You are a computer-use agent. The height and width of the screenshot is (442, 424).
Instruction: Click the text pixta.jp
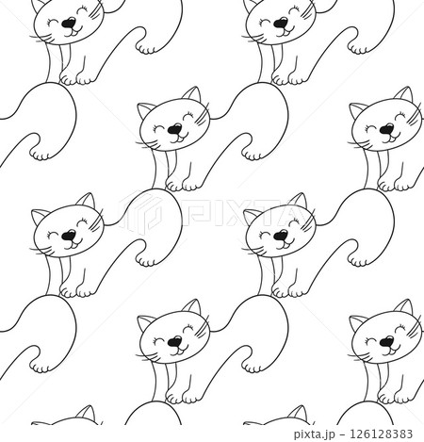(317, 434)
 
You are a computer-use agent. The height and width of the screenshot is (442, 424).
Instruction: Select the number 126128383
(381, 434)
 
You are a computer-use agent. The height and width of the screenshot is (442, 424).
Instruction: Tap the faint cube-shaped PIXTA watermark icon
(140, 211)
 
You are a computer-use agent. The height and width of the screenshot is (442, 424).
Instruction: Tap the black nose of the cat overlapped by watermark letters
(281, 235)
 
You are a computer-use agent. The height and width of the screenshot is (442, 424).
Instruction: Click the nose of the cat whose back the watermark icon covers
(69, 235)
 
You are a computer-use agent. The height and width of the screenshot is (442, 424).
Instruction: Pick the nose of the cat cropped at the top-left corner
(69, 23)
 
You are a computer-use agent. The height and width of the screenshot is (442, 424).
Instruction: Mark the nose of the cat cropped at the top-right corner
(281, 23)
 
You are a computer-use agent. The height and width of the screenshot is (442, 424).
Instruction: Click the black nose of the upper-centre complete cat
(174, 128)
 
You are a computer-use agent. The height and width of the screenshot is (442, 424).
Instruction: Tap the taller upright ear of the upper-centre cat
(191, 94)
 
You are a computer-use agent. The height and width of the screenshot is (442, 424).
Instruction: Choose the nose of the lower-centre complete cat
(174, 341)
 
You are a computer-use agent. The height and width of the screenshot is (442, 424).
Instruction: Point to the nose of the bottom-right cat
(387, 341)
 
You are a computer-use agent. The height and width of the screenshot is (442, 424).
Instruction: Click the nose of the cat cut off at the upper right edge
(387, 128)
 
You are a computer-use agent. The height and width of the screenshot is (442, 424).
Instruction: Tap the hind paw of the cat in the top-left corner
(146, 48)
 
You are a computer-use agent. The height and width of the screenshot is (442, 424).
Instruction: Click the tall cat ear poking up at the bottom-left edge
(86, 414)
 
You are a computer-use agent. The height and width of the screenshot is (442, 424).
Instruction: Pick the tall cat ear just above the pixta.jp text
(298, 414)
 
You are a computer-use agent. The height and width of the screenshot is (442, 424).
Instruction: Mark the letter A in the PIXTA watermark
(296, 216)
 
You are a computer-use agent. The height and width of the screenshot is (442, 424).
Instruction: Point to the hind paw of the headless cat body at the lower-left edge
(40, 367)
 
